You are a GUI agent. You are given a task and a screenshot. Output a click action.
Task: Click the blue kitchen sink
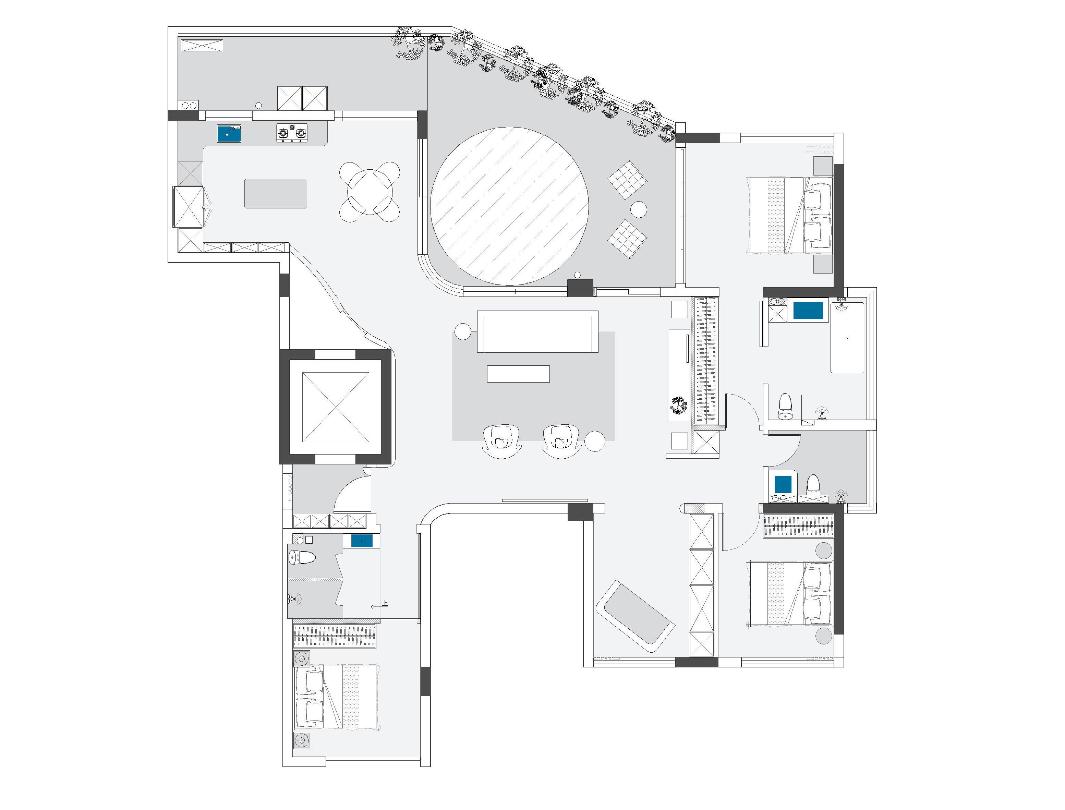[229, 133]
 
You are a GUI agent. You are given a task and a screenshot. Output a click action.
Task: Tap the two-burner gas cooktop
[292, 133]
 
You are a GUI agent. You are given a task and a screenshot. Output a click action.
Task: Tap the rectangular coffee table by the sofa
[518, 374]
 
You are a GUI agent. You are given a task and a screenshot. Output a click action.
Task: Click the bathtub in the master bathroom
[847, 338]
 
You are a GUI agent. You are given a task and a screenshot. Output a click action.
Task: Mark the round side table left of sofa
[463, 332]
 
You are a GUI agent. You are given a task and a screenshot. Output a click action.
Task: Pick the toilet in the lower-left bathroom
[302, 558]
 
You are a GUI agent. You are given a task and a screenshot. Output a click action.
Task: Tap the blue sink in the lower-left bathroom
[362, 541]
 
